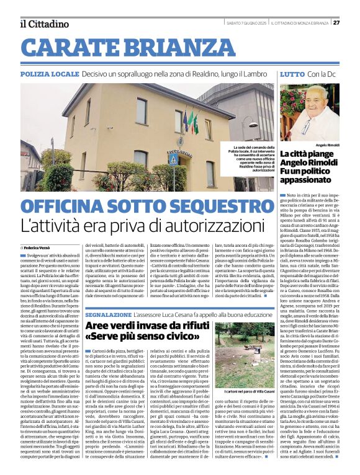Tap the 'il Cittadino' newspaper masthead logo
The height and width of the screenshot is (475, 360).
[x=43, y=24]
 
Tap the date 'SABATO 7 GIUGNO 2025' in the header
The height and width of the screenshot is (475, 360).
[x=246, y=23]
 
